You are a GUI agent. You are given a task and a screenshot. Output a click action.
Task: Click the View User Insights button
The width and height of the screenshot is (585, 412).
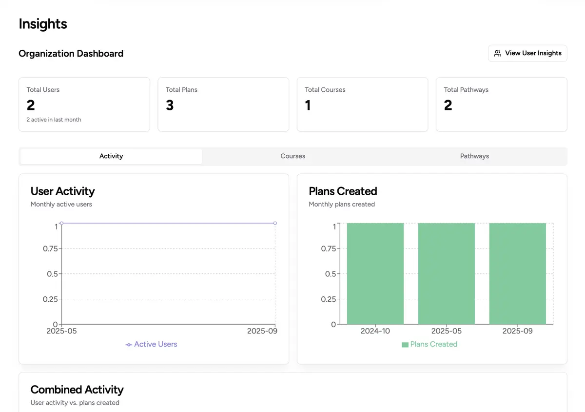527,53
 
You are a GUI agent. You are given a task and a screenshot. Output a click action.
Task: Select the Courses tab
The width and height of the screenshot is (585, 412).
292,156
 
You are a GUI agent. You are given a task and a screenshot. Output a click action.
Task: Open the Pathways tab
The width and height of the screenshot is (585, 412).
474,156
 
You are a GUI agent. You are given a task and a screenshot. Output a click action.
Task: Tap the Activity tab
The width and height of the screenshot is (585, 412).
111,156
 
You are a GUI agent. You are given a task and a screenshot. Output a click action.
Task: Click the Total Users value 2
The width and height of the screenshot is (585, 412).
31,105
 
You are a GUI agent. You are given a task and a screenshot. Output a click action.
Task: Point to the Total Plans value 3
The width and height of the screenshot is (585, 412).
170,105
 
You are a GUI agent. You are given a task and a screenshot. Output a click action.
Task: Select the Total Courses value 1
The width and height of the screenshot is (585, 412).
308,105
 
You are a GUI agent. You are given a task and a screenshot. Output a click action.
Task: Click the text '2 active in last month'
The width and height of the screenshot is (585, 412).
54,120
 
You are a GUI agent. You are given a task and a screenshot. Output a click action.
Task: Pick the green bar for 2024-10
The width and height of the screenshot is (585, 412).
375,273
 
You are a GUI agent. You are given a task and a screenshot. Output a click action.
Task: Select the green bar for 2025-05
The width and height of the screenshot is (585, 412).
447,273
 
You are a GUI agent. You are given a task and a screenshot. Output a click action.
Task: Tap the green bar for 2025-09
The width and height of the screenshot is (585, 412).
518,273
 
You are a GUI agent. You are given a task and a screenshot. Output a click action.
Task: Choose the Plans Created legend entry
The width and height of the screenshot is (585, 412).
429,344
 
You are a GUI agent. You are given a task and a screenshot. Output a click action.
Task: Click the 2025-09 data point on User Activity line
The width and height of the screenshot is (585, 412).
275,223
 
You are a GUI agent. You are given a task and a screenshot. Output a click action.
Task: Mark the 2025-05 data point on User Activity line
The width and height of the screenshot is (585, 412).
61,223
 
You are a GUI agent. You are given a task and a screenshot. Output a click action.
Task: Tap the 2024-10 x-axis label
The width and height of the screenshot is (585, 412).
375,331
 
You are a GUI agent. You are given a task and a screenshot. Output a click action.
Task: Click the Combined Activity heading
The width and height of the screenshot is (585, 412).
77,390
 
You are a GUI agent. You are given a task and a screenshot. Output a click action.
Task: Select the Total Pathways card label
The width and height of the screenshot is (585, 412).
466,90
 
